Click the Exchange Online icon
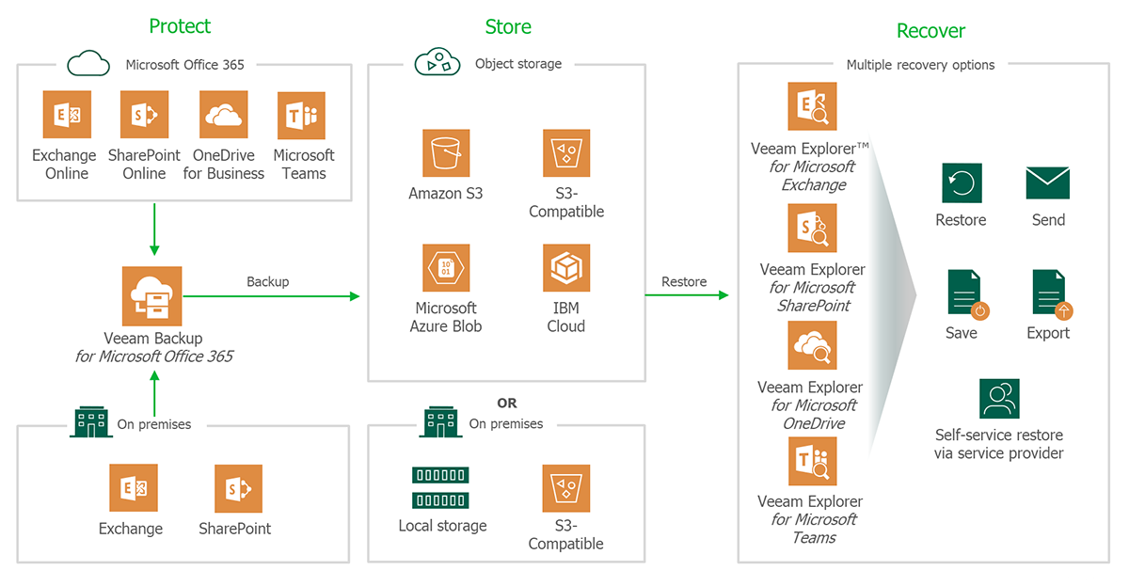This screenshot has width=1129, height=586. [66, 115]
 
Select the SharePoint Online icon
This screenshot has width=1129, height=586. [144, 115]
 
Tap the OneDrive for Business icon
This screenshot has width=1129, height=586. [224, 115]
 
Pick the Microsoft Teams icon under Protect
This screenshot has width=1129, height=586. [302, 115]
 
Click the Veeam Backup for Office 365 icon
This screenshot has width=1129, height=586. [151, 295]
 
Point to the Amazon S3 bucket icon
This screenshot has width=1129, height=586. [445, 153]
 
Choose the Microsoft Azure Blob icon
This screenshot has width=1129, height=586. [445, 268]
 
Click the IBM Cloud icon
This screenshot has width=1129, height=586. [566, 268]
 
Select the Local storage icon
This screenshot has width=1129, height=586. [439, 487]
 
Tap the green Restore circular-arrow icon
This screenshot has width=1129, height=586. [962, 182]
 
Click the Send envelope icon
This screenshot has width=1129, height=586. [1047, 182]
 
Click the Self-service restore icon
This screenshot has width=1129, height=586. [999, 399]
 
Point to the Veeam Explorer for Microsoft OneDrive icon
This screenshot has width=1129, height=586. [811, 347]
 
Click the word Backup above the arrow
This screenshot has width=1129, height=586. [267, 281]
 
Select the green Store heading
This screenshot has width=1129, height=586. [508, 27]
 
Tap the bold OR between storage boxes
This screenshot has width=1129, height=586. [507, 403]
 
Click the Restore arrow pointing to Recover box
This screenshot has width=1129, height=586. [687, 295]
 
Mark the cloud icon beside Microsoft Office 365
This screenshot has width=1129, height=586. [89, 64]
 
